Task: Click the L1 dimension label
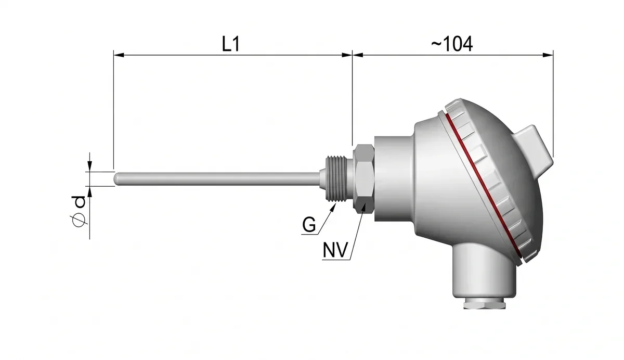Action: pyautogui.click(x=231, y=44)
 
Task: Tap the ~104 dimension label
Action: pyautogui.click(x=452, y=44)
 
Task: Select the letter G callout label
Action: pyautogui.click(x=309, y=225)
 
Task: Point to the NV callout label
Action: pyautogui.click(x=335, y=250)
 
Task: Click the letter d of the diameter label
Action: pyautogui.click(x=79, y=202)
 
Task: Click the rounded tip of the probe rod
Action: pyautogui.click(x=116, y=178)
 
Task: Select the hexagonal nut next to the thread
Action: pyautogui.click(x=363, y=179)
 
